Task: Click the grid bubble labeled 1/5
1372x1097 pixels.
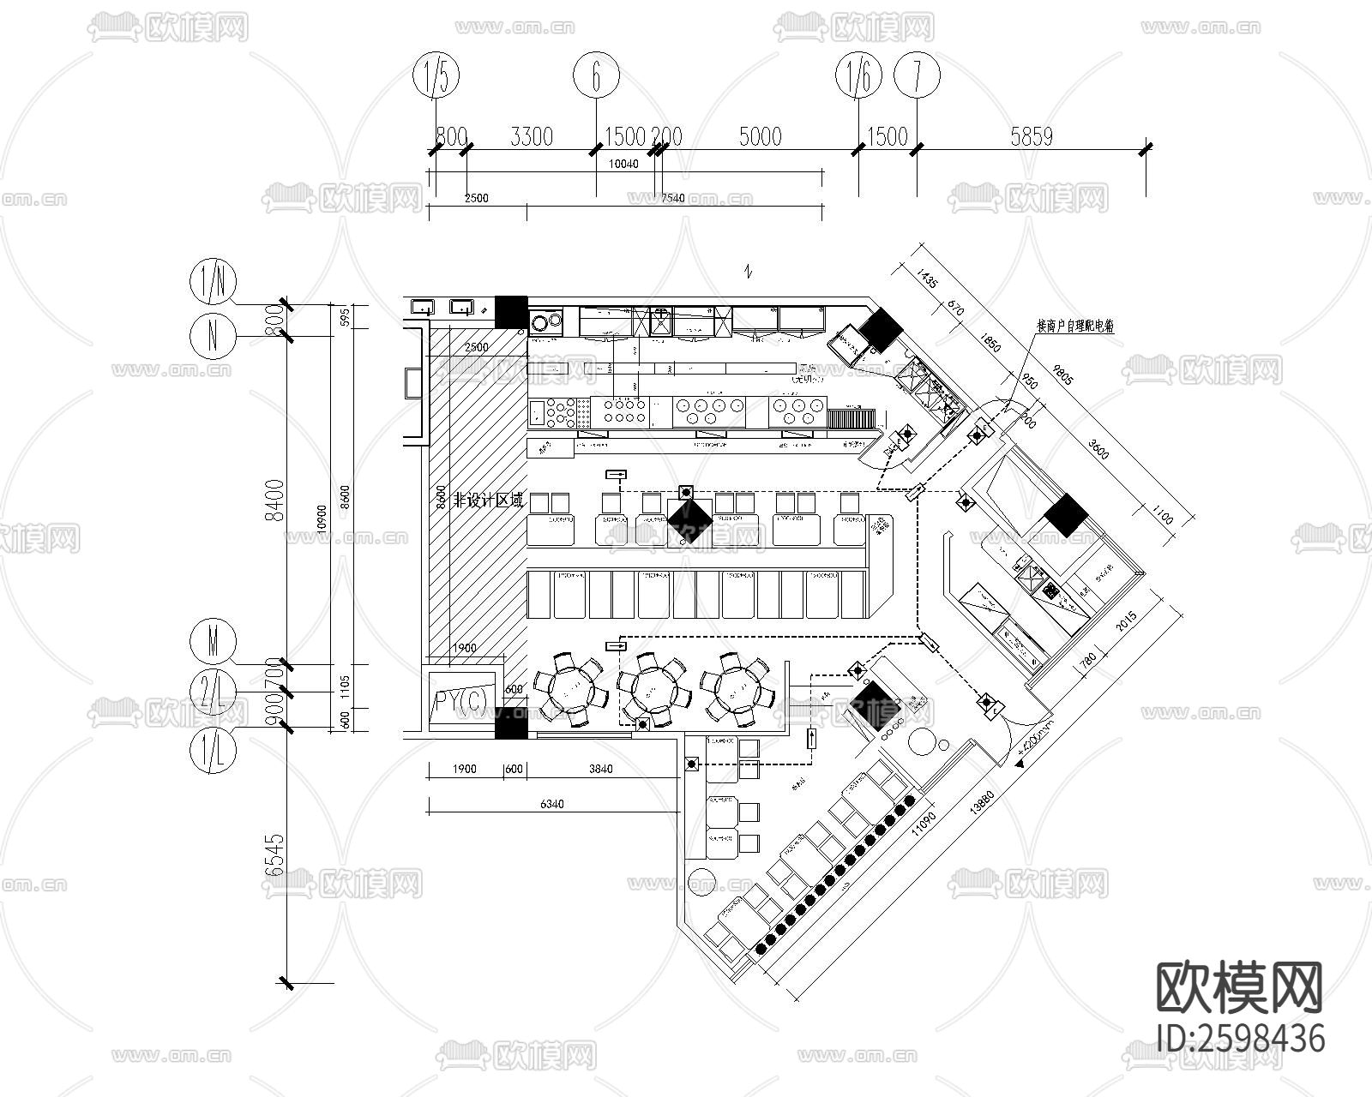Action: click(x=436, y=77)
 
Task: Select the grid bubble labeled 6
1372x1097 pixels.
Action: click(x=596, y=77)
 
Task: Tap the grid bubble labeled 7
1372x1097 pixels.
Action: click(x=917, y=77)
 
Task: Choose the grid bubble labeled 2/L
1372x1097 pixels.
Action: click(x=213, y=692)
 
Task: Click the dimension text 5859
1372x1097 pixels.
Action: click(x=1031, y=136)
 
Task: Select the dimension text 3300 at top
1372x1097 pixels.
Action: click(x=532, y=136)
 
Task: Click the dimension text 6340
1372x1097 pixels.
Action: click(x=552, y=804)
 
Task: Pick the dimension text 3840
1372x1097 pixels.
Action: click(x=600, y=769)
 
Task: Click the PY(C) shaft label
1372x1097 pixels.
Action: click(x=460, y=702)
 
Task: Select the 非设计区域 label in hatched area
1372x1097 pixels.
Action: click(x=488, y=501)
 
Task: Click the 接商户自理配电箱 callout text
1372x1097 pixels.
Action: click(x=1074, y=327)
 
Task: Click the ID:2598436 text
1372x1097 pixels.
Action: click(x=1240, y=1038)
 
